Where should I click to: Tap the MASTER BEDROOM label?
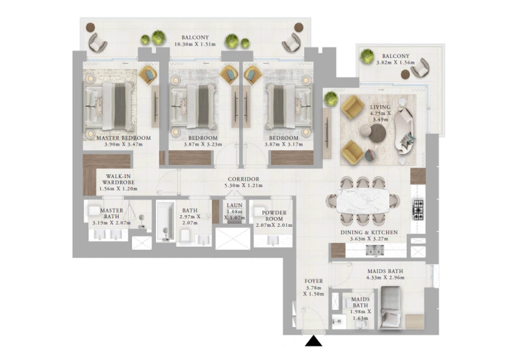(x=123, y=138)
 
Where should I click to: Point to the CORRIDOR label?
(x=243, y=179)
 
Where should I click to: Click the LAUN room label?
(x=234, y=205)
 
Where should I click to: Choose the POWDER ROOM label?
(x=274, y=216)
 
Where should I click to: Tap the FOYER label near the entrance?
(x=313, y=281)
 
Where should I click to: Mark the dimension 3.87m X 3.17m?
(x=283, y=146)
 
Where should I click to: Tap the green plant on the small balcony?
(x=367, y=56)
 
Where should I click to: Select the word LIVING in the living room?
(x=380, y=107)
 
